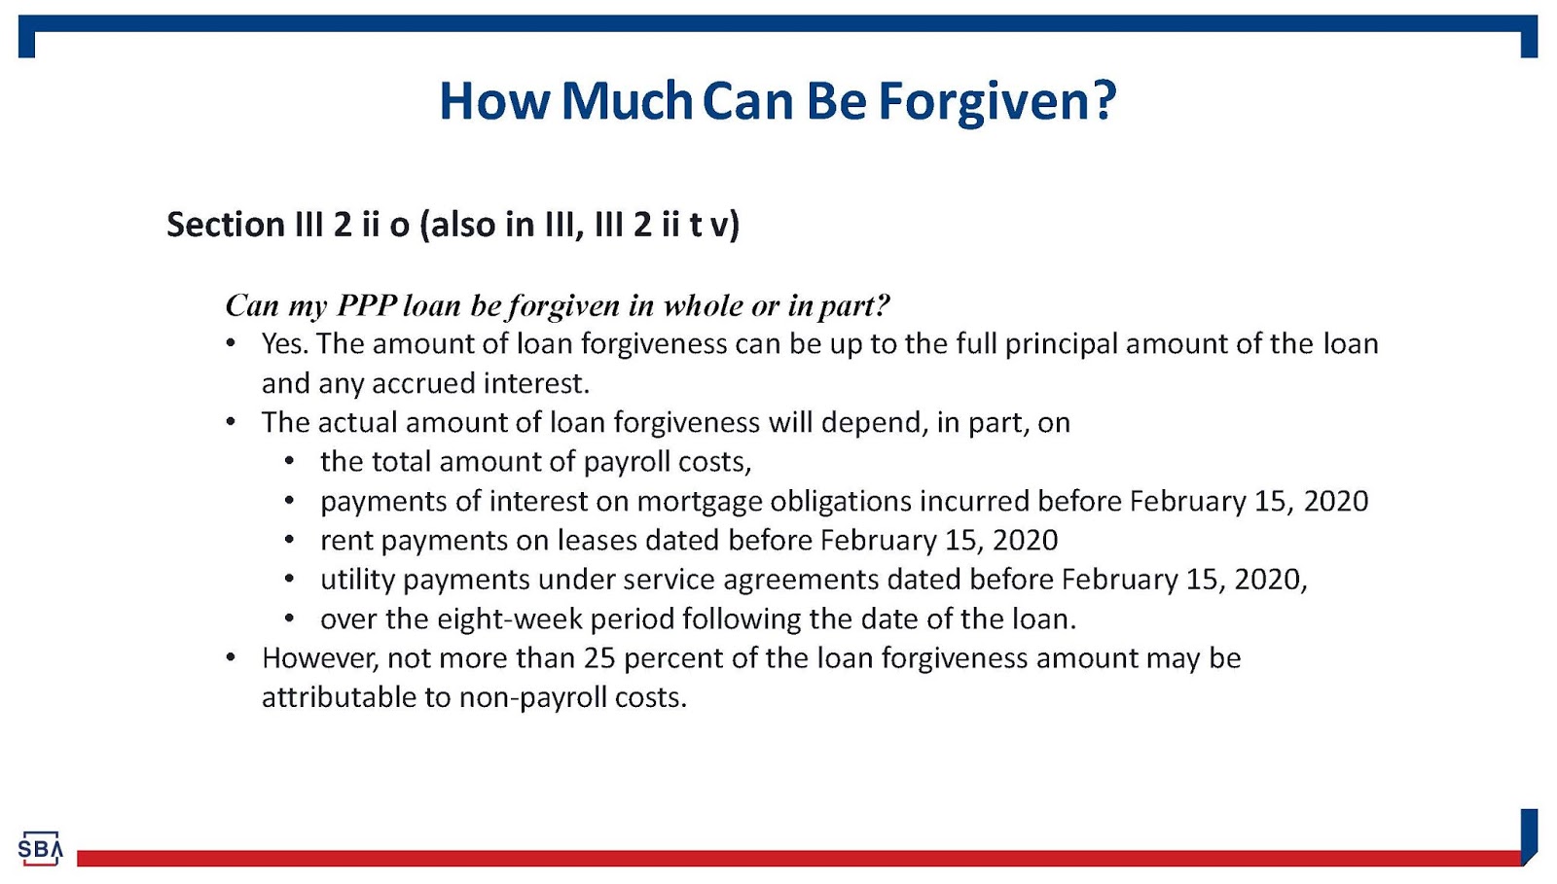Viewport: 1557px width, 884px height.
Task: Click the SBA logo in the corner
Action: tap(40, 849)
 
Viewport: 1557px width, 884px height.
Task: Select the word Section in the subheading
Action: tap(226, 225)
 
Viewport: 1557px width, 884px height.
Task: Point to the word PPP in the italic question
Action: tap(366, 305)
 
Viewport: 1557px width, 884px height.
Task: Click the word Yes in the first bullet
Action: tap(283, 344)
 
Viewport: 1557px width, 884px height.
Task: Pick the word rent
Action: tap(345, 541)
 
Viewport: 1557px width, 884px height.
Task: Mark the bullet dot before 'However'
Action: tap(231, 658)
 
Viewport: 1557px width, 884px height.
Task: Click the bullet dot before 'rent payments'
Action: tap(289, 541)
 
